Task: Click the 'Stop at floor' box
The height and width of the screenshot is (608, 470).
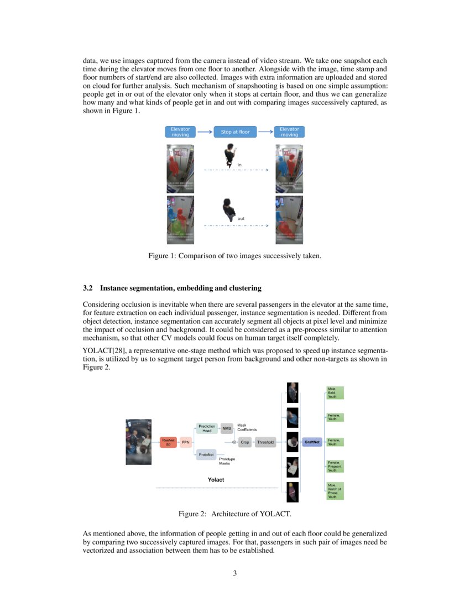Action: [235, 132]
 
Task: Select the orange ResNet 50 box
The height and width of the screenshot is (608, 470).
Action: [169, 442]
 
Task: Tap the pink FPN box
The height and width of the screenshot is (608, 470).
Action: [185, 442]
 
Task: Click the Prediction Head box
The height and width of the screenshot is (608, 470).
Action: [207, 428]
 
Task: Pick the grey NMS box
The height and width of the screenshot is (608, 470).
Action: [226, 428]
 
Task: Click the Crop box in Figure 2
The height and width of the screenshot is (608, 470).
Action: [245, 442]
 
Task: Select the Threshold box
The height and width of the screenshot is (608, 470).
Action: [265, 442]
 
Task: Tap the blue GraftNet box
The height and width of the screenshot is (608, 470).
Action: [312, 442]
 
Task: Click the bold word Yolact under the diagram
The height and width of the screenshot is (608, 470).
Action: [216, 480]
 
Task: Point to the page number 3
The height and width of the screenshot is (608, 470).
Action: [235, 573]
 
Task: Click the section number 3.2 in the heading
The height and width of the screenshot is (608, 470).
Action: [88, 289]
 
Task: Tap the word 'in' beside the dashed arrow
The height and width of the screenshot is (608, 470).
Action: [239, 165]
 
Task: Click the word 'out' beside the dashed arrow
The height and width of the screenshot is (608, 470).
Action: [241, 219]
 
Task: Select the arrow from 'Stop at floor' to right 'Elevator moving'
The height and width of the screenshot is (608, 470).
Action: [266, 132]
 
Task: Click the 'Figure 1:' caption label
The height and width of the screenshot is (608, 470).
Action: [161, 256]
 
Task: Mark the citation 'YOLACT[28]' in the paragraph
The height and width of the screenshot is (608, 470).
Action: [103, 351]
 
